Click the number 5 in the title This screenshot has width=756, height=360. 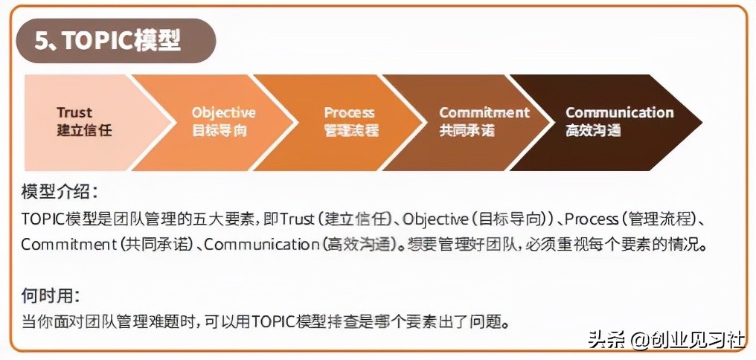coord(42,40)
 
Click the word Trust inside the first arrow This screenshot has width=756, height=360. coord(74,112)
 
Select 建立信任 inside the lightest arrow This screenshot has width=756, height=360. coord(84,130)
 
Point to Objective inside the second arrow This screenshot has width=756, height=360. coord(223,112)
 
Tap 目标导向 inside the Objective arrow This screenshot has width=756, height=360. coord(219,130)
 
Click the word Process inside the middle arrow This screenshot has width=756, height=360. coord(349,112)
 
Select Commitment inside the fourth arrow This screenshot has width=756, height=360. coord(484,112)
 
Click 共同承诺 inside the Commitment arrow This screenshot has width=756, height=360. coord(467,130)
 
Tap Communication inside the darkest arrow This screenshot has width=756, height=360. coord(619,112)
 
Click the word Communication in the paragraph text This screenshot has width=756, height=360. coord(261,244)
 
